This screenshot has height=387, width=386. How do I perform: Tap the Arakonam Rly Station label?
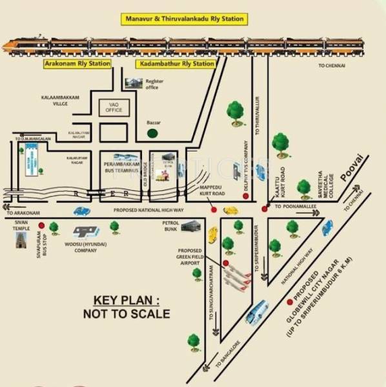click(x=77, y=64)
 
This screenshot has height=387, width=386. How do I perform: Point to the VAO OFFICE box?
click(x=114, y=106)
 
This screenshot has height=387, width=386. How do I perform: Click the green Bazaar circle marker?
click(x=152, y=133)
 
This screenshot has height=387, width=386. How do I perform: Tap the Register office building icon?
click(x=134, y=83)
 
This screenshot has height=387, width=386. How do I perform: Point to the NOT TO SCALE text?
click(x=126, y=314)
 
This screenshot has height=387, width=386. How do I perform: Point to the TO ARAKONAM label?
click(x=25, y=212)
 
